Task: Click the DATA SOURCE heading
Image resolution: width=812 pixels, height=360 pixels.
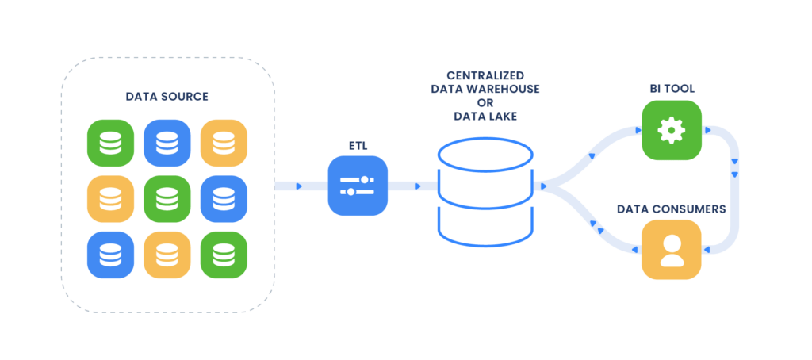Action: coord(167,97)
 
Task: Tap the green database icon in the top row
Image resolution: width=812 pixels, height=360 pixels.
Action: coord(110,143)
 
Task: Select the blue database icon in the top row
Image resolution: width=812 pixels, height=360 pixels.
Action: coord(167,143)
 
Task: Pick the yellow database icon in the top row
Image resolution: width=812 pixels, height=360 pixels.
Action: coord(224,143)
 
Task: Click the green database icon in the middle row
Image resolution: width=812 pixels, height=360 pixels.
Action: coord(167,199)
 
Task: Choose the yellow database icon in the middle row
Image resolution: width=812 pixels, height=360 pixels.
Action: coord(110,199)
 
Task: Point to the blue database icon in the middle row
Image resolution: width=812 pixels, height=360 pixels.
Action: coord(224,199)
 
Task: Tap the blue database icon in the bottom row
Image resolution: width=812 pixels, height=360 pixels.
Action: coord(110,255)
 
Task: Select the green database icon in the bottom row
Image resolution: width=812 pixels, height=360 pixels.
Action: coord(224,255)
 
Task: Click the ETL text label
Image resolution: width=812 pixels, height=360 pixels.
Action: coord(358,145)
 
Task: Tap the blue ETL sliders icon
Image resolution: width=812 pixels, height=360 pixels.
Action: coord(358,186)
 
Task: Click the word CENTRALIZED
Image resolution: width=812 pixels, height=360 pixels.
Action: coord(485,76)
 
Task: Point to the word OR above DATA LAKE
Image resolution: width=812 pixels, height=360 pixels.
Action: coord(485,102)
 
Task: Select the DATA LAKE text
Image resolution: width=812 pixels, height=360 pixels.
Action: coord(485,116)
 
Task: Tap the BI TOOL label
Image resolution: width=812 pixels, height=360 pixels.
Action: coord(672,89)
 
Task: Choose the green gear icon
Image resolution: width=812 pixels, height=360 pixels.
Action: coord(672,129)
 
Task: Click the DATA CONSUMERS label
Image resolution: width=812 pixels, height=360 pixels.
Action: coord(672,209)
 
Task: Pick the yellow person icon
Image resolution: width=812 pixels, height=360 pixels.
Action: coord(672,250)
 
